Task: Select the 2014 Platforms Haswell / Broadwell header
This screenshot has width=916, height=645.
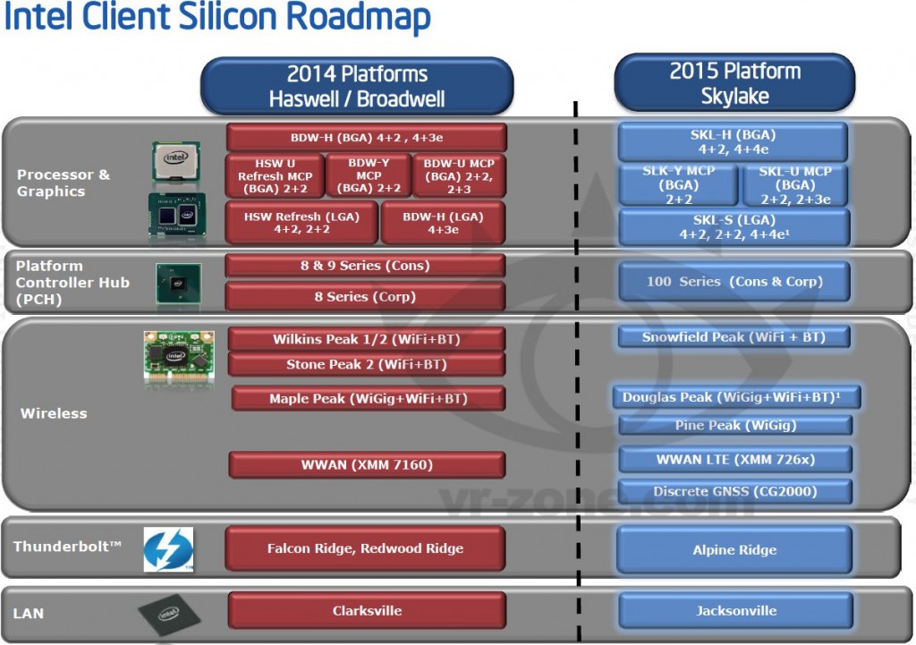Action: point(357,86)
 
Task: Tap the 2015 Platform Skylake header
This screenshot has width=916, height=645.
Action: point(734,83)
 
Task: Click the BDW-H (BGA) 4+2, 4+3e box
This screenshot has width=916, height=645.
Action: point(366,138)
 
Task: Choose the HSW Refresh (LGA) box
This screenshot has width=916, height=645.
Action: point(301,223)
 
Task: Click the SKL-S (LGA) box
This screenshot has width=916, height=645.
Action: point(734,227)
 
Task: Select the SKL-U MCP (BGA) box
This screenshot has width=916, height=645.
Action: point(794,185)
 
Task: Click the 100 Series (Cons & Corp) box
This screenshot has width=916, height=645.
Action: point(734,282)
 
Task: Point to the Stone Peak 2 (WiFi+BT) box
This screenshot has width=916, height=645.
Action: point(366,364)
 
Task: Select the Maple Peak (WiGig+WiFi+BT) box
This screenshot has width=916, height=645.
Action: point(368,399)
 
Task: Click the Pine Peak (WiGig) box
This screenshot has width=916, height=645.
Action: point(734,425)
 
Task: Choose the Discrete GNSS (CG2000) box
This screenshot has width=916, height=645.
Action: point(734,491)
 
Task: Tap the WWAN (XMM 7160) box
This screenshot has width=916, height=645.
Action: point(367,465)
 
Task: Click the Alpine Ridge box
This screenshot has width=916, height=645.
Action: point(734,550)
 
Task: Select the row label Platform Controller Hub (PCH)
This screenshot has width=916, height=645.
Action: point(72,283)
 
